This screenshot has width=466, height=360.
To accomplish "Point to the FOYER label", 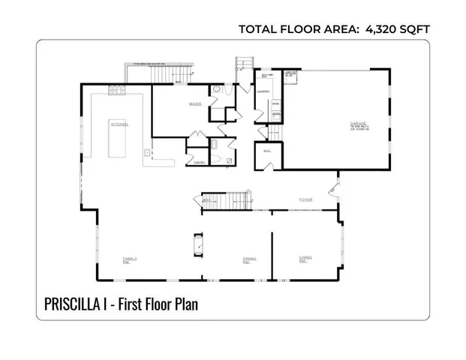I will [x=305, y=199].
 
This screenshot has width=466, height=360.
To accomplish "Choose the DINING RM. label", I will [x=248, y=259].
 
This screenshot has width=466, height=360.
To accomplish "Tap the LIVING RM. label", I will [x=305, y=259].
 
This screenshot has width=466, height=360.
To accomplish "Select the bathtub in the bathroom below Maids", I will [x=215, y=146].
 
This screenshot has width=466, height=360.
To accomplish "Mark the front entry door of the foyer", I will [x=335, y=184].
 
